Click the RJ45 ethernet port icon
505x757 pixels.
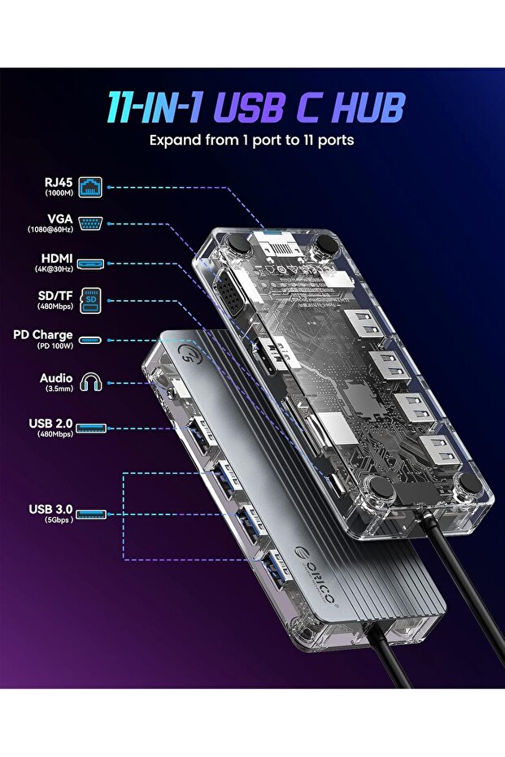91,187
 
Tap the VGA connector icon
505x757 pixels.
91,224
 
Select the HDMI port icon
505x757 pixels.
91,263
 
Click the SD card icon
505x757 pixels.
91,301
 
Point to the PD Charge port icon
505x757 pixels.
91,340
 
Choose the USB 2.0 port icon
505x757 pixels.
91,428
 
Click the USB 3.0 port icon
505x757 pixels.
91,514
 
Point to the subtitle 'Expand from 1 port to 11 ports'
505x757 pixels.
251,140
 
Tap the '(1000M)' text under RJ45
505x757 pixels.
56,194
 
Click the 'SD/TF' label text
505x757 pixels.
54,295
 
